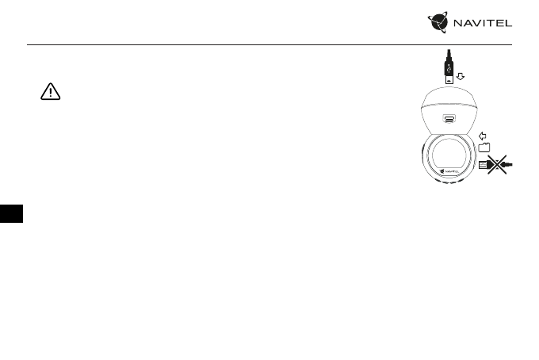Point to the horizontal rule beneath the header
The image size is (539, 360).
pos(269,44)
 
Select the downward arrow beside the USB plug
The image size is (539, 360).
pos(461,78)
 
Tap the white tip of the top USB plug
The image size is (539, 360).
pos(449,79)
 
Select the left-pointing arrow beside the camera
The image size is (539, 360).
pos(485,136)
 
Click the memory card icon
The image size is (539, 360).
pos(485,147)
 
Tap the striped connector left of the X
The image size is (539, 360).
pos(483,165)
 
